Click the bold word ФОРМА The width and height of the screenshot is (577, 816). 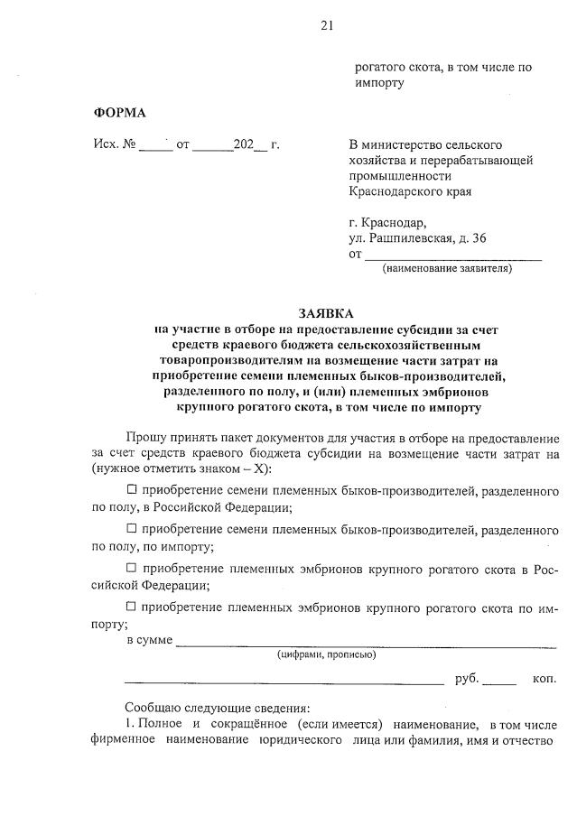(119, 113)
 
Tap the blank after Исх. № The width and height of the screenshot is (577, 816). (156, 146)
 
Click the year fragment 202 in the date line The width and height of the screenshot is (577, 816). (243, 145)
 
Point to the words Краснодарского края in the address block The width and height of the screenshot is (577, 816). (410, 191)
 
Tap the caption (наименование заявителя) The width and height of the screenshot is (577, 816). (447, 268)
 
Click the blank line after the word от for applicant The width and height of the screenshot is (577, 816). (451, 255)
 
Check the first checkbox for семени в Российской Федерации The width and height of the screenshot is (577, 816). (132, 490)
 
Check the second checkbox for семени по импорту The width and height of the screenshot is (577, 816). (132, 529)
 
